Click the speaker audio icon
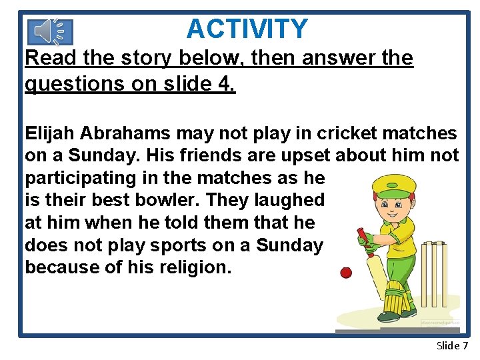[51, 31]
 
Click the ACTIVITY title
[247, 29]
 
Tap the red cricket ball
[346, 273]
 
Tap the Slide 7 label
[452, 345]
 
